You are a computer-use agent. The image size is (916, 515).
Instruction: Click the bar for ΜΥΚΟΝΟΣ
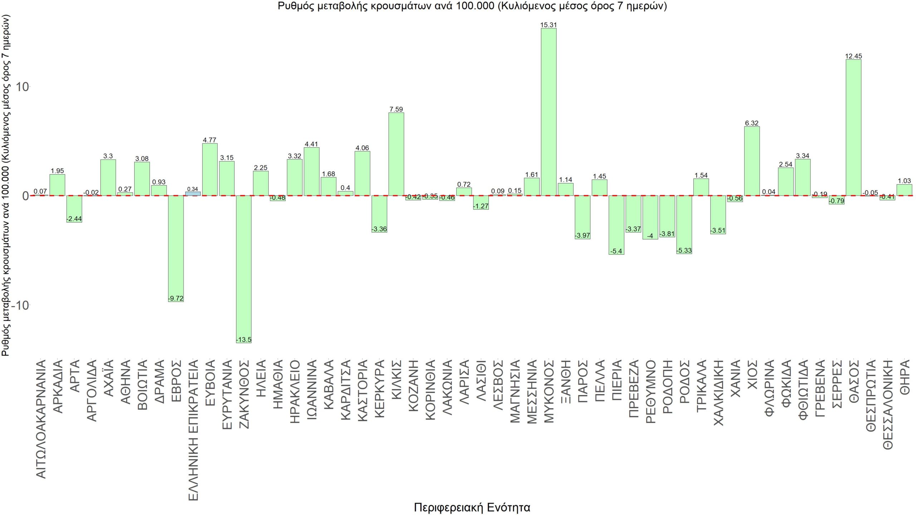549,112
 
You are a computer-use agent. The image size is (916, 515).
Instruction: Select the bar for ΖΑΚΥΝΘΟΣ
244,269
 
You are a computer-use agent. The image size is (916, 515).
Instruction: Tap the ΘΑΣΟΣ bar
853,127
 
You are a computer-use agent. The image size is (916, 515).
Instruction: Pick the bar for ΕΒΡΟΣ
176,248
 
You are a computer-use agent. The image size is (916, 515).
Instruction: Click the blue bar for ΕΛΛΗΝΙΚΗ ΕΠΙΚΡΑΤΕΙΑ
193,194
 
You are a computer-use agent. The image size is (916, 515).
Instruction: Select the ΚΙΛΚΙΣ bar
396,154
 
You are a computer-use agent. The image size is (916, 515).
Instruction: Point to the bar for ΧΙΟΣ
752,161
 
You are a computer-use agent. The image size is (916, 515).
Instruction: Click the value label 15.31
549,25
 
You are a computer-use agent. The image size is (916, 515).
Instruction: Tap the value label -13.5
244,340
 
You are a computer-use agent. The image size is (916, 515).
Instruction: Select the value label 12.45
853,56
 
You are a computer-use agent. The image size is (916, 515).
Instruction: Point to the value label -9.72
176,298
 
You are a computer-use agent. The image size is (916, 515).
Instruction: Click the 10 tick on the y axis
20,87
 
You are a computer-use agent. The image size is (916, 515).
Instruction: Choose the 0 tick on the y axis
24,196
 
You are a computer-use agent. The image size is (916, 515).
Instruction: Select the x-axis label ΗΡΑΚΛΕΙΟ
294,392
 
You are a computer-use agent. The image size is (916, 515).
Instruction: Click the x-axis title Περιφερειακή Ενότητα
472,507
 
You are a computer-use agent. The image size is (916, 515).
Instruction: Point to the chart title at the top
472,6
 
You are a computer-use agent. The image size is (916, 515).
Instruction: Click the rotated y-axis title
6,186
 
